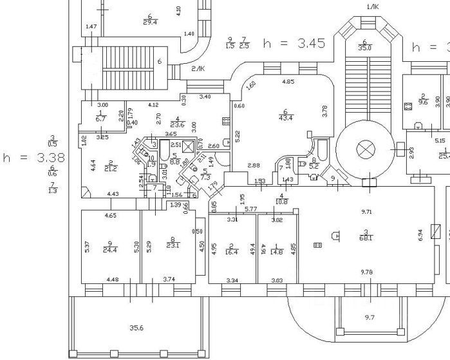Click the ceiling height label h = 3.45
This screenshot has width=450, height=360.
click(x=294, y=44)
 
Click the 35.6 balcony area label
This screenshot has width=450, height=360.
click(x=136, y=328)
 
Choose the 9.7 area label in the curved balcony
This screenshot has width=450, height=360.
click(x=370, y=317)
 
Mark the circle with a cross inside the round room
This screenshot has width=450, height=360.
click(x=365, y=150)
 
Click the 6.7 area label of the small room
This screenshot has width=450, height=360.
click(x=100, y=118)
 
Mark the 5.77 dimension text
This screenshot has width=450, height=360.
click(x=250, y=209)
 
